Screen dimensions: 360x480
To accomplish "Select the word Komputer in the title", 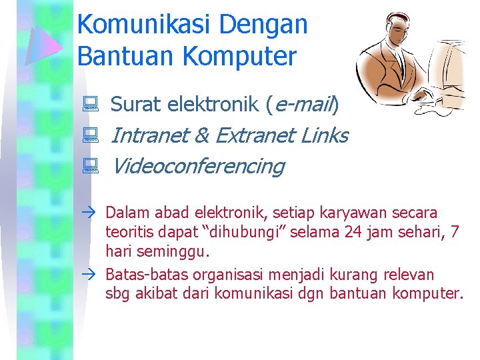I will coord(239,56).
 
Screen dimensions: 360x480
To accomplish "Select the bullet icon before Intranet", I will coord(91,136).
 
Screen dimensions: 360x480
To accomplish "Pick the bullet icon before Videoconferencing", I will coord(91,166).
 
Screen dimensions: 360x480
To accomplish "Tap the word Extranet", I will coord(255,135).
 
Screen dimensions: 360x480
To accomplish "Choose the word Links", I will coord(325,135).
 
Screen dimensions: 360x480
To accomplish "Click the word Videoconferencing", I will coord(197,166).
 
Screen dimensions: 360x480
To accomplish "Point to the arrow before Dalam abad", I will coord(91,213).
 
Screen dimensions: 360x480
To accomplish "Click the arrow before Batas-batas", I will coord(91,275).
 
